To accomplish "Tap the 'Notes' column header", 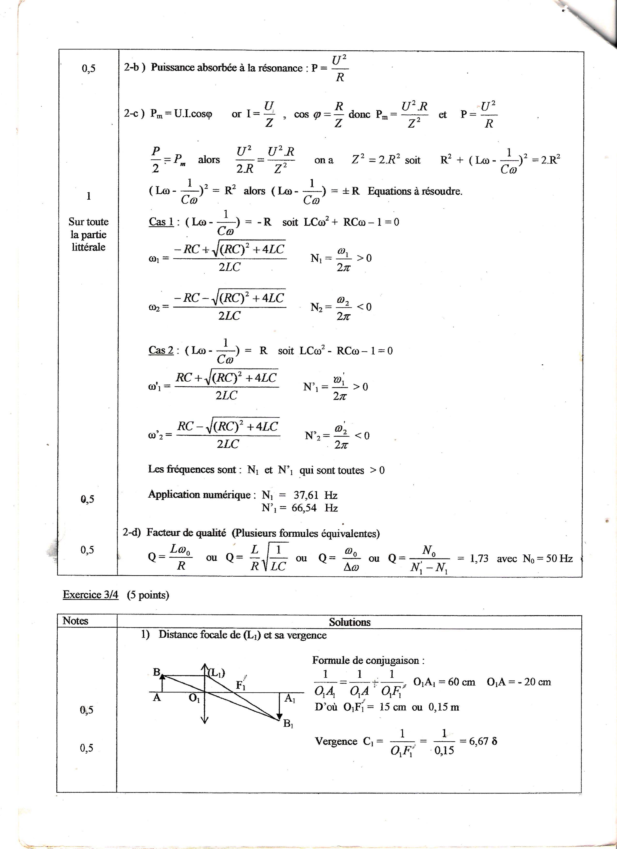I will coord(75,621).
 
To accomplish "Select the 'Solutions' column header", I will coord(349,622).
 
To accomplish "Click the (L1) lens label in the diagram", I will coord(216,673).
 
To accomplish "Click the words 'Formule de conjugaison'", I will coord(368,660).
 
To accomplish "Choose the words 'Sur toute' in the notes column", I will coord(88,222).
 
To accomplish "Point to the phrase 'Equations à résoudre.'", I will coord(415,191).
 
